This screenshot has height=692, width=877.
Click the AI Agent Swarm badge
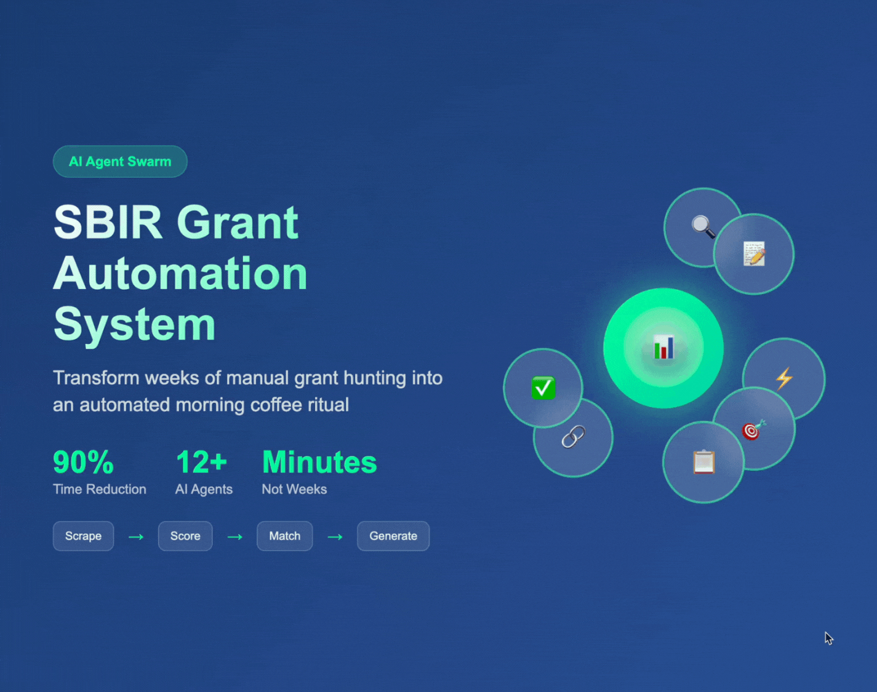(x=120, y=161)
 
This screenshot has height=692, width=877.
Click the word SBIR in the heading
(x=108, y=223)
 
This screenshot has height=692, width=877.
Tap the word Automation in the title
(x=180, y=273)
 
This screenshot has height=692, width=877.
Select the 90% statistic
(x=84, y=463)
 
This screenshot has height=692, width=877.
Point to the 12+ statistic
(x=201, y=463)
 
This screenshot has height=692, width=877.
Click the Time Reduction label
(x=100, y=489)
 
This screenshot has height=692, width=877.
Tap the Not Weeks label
(x=294, y=489)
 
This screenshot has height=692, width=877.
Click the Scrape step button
(x=83, y=536)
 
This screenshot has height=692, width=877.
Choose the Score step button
(x=185, y=536)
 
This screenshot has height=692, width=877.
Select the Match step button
(x=285, y=536)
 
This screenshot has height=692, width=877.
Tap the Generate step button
(x=393, y=536)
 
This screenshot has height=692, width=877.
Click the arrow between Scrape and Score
(x=136, y=537)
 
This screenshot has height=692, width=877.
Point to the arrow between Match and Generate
(x=335, y=537)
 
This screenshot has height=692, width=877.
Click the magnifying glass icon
(x=703, y=226)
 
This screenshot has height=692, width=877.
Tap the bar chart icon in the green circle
(x=664, y=348)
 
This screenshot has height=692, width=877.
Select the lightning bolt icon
(x=784, y=378)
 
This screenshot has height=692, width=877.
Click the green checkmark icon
(x=543, y=388)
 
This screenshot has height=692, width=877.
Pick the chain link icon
(x=574, y=437)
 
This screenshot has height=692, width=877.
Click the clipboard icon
(x=704, y=462)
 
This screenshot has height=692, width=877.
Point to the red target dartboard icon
(x=753, y=430)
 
